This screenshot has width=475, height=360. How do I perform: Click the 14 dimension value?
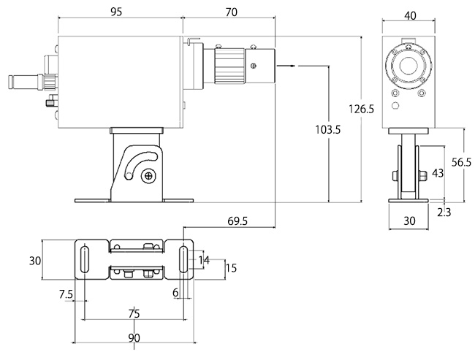[x=204, y=260]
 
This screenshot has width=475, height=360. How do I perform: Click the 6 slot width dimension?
[x=176, y=292]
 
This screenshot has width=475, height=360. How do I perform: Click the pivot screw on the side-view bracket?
[x=149, y=175]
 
